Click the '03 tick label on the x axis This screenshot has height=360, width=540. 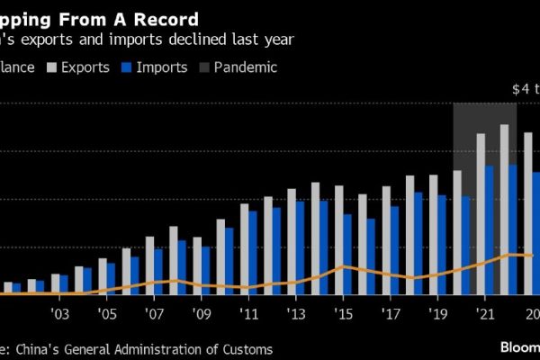click(x=60, y=314)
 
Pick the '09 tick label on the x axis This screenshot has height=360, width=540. click(x=202, y=314)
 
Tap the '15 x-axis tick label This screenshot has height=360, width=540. click(x=343, y=314)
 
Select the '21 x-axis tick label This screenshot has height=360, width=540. click(x=484, y=314)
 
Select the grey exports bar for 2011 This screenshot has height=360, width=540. click(x=245, y=248)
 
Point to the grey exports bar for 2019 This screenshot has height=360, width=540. click(x=434, y=234)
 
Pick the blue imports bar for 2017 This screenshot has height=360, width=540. click(x=395, y=250)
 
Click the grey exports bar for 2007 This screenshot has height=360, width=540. click(x=150, y=265)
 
